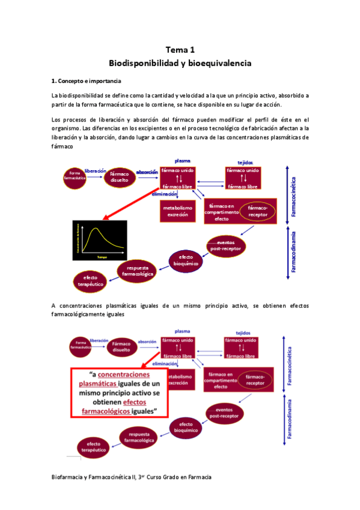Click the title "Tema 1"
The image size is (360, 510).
click(180, 51)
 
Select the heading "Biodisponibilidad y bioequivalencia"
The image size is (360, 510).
click(180, 63)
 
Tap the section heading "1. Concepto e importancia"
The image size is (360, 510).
click(87, 81)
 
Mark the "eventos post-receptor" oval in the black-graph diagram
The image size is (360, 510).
click(226, 245)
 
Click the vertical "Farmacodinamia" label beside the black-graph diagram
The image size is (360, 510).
click(294, 252)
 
